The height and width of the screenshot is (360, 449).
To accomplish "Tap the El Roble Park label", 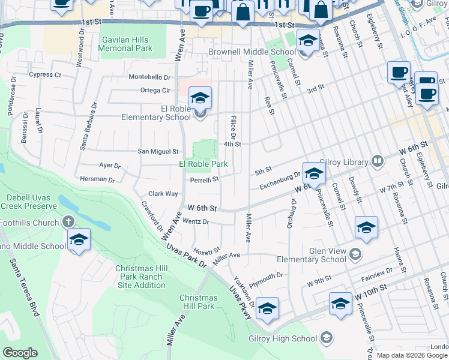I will coord(203,164).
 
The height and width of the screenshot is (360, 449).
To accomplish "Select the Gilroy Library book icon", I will coord(377,160).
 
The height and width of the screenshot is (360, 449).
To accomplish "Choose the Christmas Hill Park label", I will coord(198,302).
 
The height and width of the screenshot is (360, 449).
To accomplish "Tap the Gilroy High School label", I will coord(283,338).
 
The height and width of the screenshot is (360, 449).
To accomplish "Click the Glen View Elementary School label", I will coord(311,255).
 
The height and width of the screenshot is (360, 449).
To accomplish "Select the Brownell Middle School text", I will coord(252,52).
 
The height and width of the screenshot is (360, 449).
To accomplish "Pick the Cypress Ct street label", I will coord(45,75).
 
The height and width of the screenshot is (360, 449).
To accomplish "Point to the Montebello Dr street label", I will coord(150,77).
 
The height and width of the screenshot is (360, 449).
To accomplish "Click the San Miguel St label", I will coord(158,152).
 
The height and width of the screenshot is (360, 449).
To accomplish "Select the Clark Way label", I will coord(163,194).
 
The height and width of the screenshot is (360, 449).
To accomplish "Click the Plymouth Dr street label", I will coord(266,277).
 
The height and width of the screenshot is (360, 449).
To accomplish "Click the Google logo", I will coord(20,353).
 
